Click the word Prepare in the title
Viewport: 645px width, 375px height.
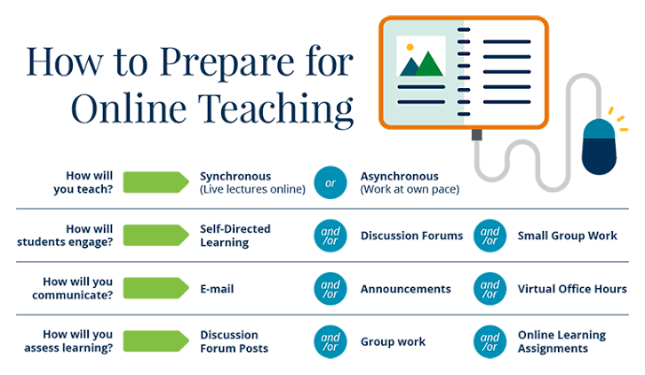tap(227, 63)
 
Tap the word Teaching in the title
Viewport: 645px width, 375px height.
tap(275, 108)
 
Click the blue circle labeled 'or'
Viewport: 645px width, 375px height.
tap(330, 182)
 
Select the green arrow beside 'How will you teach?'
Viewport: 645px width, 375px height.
tap(155, 182)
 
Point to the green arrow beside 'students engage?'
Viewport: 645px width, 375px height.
tap(155, 235)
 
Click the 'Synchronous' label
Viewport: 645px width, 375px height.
tap(235, 177)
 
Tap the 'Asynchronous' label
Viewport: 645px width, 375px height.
tap(400, 177)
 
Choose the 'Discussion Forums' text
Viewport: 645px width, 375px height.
tap(411, 235)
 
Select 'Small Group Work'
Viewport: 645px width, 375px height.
tap(567, 235)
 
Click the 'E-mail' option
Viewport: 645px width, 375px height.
tap(217, 289)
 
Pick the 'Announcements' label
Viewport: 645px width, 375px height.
tap(406, 289)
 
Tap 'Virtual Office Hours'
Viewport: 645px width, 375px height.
tap(572, 289)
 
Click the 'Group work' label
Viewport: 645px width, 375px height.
tap(393, 341)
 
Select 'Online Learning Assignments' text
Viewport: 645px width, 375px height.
tap(561, 341)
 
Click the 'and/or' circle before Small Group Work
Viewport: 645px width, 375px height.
tap(490, 235)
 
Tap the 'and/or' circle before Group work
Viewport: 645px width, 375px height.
tap(330, 341)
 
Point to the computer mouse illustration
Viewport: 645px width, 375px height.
tap(599, 147)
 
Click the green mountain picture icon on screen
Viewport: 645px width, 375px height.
tap(421, 56)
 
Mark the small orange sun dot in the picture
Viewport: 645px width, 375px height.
tap(410, 47)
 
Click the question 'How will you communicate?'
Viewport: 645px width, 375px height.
tap(72, 289)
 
